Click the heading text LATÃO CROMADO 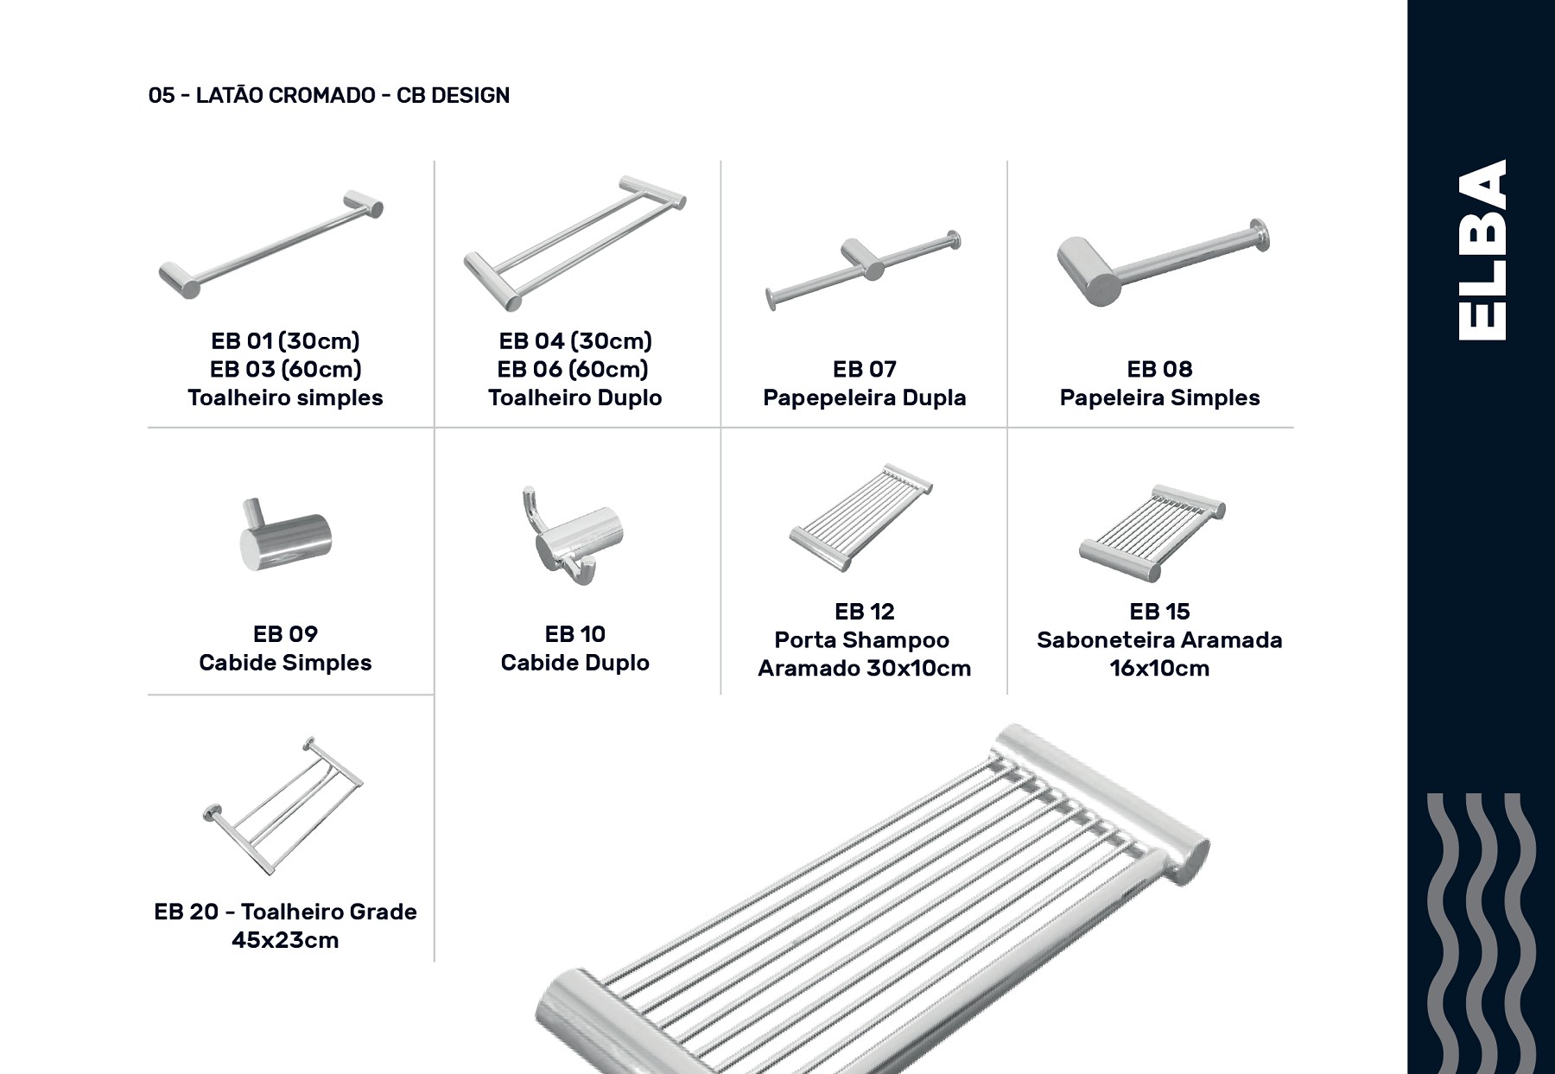tap(286, 95)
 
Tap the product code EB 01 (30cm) tap(285, 340)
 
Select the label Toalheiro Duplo tap(575, 397)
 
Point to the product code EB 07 tap(865, 369)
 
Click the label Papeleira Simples tap(1159, 397)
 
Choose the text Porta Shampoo tap(862, 640)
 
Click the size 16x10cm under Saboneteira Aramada tap(1159, 668)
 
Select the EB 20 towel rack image tap(283, 795)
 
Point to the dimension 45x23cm tap(285, 940)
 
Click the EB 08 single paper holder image tap(1163, 262)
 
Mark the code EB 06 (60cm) tap(573, 369)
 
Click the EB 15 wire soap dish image tap(1152, 532)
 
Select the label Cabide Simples tap(285, 663)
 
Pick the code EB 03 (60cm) tap(285, 369)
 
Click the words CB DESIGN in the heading tap(453, 95)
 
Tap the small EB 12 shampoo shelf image tap(861, 517)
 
